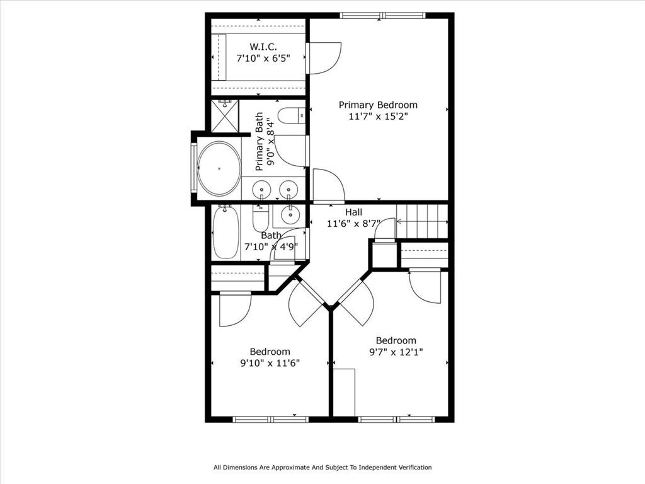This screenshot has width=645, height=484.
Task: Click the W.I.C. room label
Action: [x=263, y=46]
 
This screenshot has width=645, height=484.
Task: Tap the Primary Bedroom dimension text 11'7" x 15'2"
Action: [x=378, y=117]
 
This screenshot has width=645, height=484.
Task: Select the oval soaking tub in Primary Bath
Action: [x=219, y=168]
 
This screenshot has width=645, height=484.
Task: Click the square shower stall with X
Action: [x=225, y=116]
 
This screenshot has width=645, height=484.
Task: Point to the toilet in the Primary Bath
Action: [x=291, y=116]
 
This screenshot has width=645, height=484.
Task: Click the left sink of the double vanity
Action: [x=261, y=190]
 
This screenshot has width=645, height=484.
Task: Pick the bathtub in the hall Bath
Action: [x=226, y=232]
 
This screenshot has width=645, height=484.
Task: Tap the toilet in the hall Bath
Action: [x=260, y=219]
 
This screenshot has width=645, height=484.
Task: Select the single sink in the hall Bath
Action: [x=290, y=214]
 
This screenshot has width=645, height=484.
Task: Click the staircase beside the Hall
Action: [x=422, y=221]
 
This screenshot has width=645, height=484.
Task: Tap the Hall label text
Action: [x=354, y=212]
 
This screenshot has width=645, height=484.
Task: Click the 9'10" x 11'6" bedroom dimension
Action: [x=270, y=364]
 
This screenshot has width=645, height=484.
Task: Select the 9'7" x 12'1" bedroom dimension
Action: [x=396, y=352]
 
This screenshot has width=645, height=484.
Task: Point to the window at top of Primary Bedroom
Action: [x=382, y=16]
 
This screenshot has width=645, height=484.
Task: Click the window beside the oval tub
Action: [x=193, y=168]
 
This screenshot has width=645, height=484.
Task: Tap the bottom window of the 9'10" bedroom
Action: [x=270, y=419]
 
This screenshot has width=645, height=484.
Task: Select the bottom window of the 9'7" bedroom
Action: [x=397, y=419]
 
